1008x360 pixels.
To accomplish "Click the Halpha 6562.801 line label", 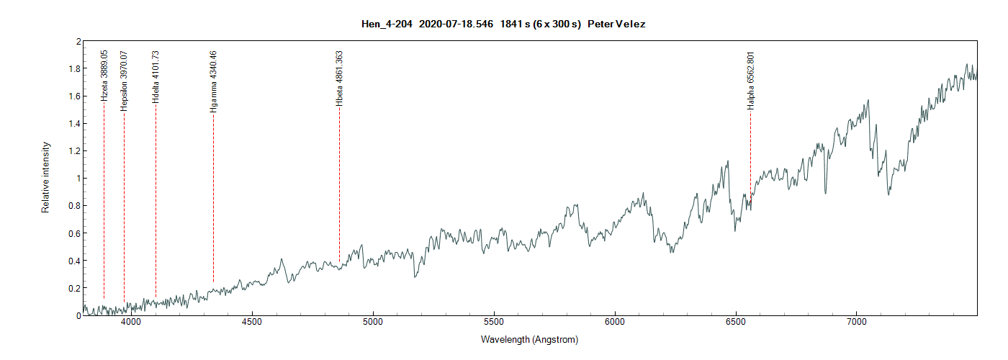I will point(751,80).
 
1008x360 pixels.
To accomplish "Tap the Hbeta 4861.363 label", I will point(339,78).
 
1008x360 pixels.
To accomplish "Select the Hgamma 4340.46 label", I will point(213,81).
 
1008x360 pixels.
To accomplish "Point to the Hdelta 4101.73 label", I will point(156,77).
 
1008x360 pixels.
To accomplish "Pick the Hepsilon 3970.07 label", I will point(124,80).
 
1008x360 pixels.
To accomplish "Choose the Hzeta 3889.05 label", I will point(104,75).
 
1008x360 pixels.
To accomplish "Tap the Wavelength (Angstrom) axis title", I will point(530,339).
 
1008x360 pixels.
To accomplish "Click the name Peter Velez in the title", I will point(616,24).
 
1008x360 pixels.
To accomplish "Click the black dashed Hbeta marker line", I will point(339,187).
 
